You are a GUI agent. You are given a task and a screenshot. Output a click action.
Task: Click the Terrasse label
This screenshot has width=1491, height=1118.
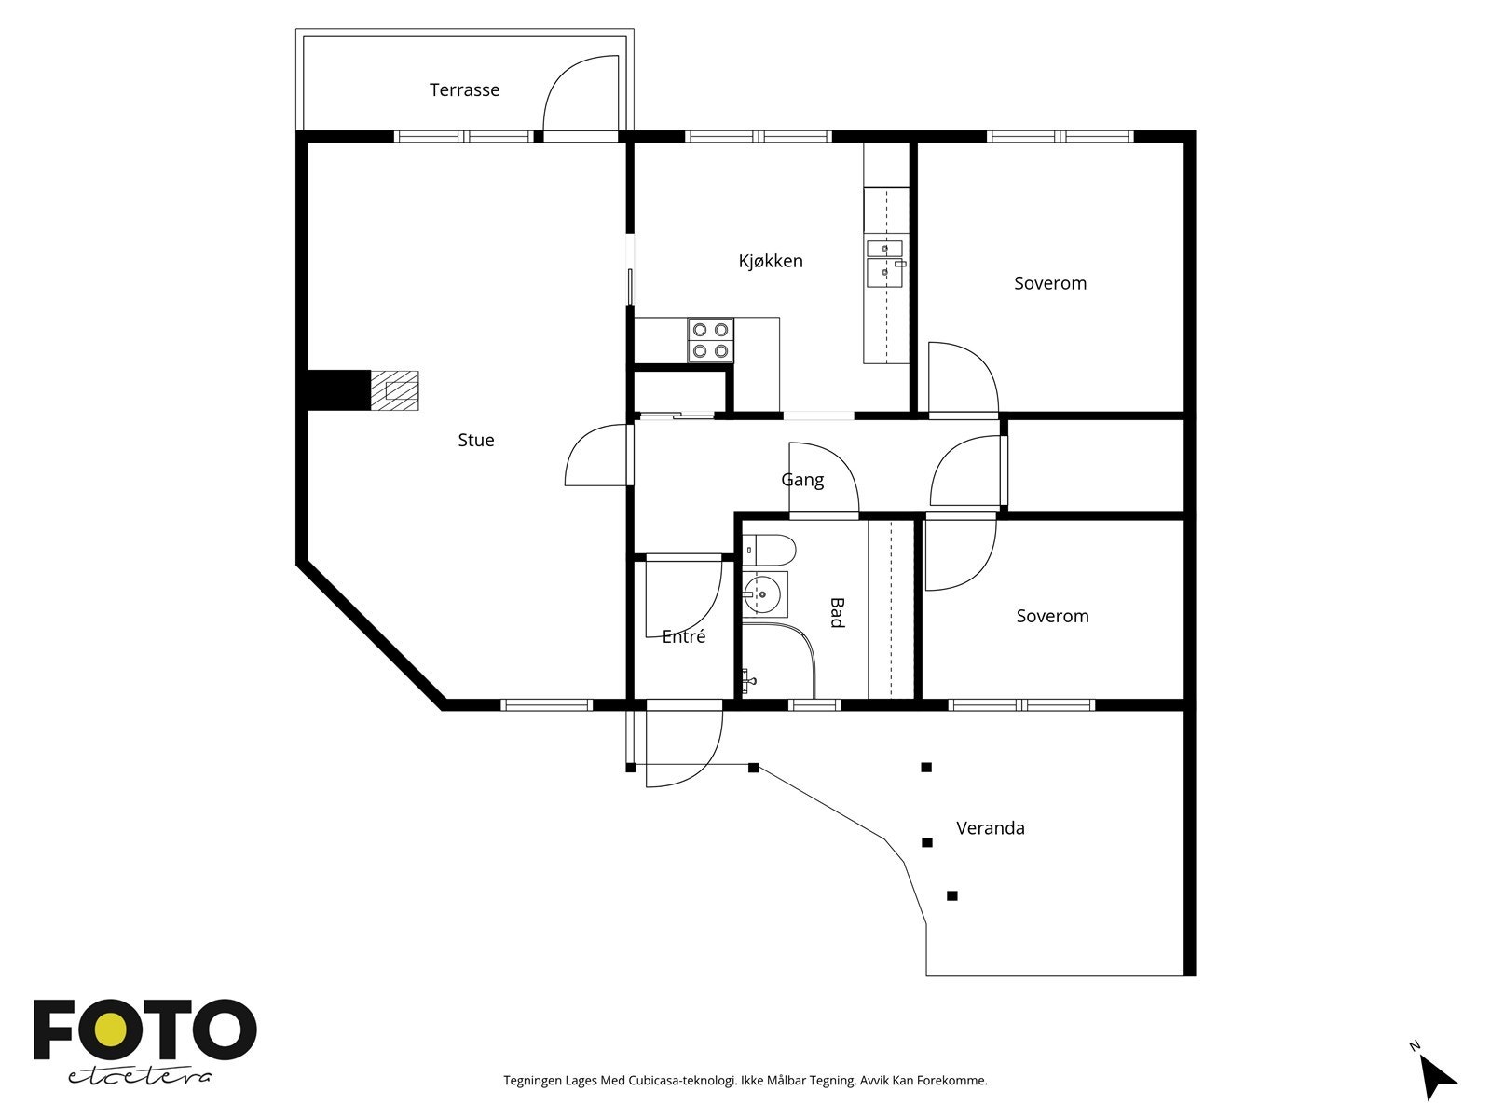(x=464, y=90)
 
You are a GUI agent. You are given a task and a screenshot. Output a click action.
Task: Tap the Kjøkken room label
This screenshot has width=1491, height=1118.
(x=770, y=262)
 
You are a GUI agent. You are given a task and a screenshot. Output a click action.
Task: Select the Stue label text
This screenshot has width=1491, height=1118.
(x=475, y=441)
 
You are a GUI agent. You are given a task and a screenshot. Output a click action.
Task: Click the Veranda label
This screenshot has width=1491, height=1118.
(x=990, y=828)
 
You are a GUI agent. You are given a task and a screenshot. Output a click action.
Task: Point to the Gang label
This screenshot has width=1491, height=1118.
(x=801, y=480)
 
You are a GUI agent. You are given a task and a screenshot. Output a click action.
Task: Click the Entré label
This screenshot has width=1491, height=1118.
(x=683, y=637)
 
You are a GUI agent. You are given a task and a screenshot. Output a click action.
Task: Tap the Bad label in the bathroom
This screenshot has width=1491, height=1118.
(x=837, y=612)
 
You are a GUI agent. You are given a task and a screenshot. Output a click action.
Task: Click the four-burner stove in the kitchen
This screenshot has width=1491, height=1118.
(x=710, y=340)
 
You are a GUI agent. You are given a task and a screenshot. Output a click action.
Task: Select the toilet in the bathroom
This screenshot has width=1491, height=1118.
(x=770, y=551)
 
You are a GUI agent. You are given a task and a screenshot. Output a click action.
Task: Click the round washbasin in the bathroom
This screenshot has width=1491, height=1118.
(x=764, y=593)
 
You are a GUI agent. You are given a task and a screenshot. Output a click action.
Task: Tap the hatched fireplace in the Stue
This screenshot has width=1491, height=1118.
(x=395, y=390)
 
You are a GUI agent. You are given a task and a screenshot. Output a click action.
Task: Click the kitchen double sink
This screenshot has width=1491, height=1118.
(x=884, y=262)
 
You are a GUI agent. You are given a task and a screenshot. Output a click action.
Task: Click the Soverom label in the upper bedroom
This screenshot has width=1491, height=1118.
(x=1049, y=283)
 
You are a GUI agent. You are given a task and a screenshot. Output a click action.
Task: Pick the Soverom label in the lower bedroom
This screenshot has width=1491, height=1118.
(x=1051, y=616)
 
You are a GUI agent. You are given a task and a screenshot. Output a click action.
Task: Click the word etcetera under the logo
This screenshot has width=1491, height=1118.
(x=140, y=1076)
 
